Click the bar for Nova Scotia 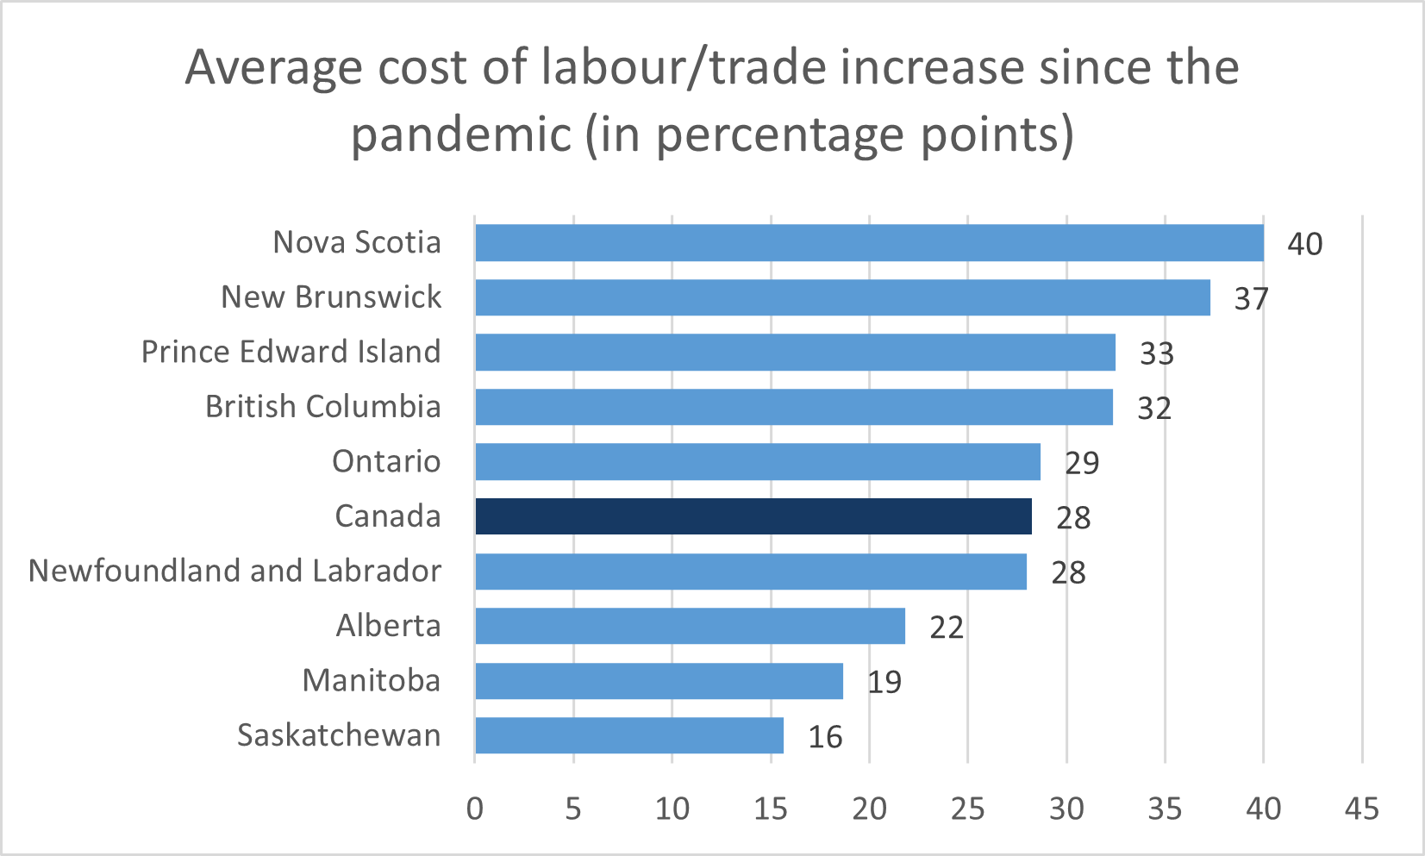869,243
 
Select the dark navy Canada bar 753,516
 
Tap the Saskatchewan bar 629,735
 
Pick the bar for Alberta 690,626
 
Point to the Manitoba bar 659,681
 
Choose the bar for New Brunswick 842,297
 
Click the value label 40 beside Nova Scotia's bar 1304,244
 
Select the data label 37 1251,299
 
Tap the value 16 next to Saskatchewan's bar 825,737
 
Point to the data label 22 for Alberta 946,628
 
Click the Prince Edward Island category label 291,352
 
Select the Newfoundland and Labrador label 234,571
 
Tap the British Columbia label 322,406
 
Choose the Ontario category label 386,461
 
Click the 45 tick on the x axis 1362,809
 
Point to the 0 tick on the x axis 475,809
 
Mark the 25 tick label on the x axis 967,809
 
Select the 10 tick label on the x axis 672,809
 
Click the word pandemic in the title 461,134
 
